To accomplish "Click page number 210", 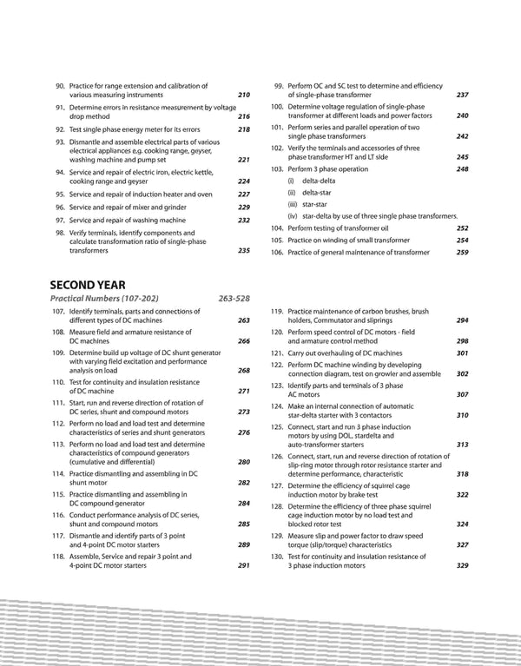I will click(243, 95).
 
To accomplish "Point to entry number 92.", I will click(59, 129).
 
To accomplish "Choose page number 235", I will click(243, 250).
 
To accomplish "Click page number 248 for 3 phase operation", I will click(462, 169).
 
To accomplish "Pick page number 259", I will click(462, 252).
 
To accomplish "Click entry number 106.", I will click(276, 252).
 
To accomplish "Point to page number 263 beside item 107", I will click(243, 320).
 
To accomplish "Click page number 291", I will click(243, 566).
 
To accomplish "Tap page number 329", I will click(462, 566).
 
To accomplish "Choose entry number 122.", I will click(276, 365).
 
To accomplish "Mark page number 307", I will click(462, 394).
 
